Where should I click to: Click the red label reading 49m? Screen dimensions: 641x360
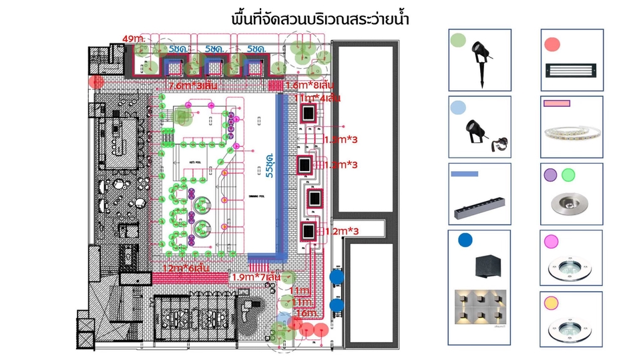(x=134, y=39)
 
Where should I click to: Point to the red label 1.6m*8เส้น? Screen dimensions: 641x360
(x=309, y=85)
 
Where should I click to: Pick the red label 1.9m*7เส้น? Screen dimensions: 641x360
(x=256, y=277)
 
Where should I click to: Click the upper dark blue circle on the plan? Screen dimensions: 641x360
(x=337, y=276)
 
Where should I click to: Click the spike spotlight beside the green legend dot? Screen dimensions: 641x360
(x=481, y=58)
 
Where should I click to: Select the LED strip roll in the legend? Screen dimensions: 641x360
(x=572, y=132)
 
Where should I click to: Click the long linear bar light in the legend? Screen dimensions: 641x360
(x=479, y=208)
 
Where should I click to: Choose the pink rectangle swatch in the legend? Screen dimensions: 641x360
(x=557, y=104)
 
